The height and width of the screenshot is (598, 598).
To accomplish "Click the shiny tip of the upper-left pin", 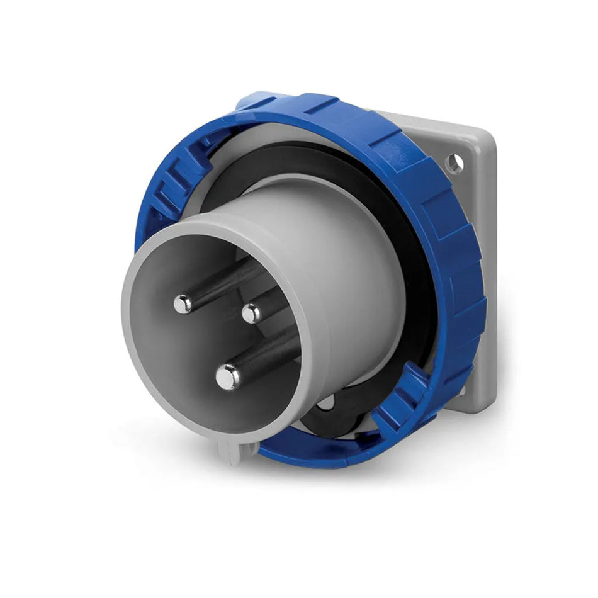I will click(183, 304).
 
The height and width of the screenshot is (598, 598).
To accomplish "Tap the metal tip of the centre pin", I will click(251, 313).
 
